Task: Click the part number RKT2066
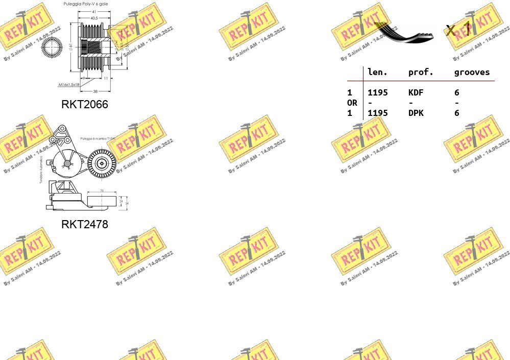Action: (x=85, y=104)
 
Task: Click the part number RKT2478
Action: (x=85, y=224)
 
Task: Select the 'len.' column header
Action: (x=377, y=73)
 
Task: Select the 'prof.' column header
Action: (x=421, y=73)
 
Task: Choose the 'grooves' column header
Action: (x=472, y=73)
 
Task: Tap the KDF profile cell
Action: (x=416, y=92)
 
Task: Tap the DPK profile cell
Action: (x=416, y=113)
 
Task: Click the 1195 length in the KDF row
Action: (x=378, y=92)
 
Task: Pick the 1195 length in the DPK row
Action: (x=378, y=113)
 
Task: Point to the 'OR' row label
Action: (x=352, y=103)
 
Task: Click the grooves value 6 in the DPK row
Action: (x=457, y=113)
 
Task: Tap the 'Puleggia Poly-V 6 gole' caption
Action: (x=85, y=4)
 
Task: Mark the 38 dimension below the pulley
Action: (x=95, y=91)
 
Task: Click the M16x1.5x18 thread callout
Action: (x=69, y=84)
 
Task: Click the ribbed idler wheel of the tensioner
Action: (x=102, y=163)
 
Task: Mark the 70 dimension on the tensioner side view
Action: (x=102, y=190)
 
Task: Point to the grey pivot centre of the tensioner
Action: (x=67, y=163)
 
